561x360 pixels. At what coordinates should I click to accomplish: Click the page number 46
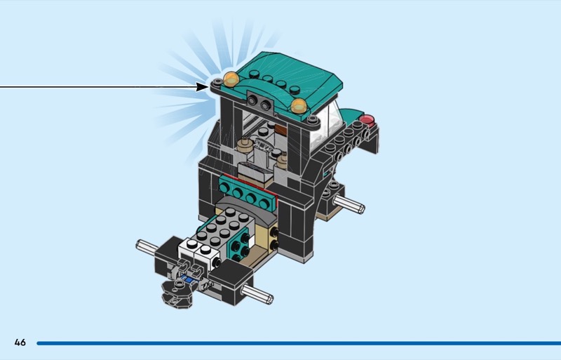tap(20, 342)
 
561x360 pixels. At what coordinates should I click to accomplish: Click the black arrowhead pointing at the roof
tap(202, 87)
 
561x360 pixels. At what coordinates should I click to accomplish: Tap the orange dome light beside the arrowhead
tap(231, 79)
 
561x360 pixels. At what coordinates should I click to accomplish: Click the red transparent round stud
tap(367, 121)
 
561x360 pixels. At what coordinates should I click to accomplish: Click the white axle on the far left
tap(147, 247)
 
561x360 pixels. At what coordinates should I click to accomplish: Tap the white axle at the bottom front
tap(257, 294)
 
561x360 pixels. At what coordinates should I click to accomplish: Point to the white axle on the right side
tap(349, 204)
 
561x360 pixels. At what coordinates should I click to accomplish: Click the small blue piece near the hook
tap(187, 279)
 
